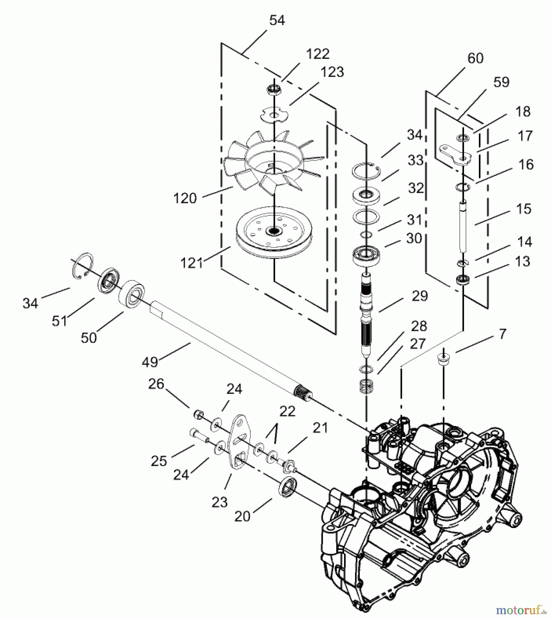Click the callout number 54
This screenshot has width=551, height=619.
pos(277,21)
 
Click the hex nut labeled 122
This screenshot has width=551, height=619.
pos(274,90)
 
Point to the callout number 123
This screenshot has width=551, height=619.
pos(332,72)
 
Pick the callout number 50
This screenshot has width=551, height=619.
pos(89,338)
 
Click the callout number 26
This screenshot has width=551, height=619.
pos(156,384)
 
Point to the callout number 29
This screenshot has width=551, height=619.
pos(419,296)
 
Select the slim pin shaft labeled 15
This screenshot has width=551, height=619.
pos(463,224)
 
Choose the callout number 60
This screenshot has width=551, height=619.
pos(475,58)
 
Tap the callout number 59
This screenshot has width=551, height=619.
pos(501,82)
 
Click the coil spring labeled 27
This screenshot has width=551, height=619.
pos(366,387)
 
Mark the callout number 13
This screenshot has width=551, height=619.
pos(522,261)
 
